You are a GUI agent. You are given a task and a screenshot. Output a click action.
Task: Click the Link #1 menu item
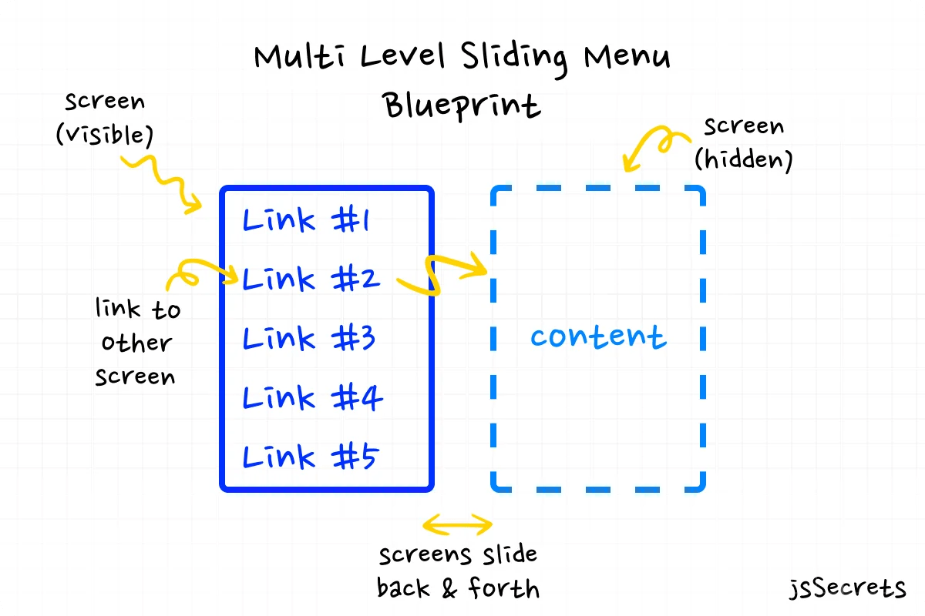[307, 221]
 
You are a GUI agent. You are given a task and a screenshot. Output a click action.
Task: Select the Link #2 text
[311, 279]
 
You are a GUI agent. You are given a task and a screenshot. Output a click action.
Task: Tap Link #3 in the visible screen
[309, 339]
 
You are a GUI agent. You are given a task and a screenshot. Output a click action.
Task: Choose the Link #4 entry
[312, 398]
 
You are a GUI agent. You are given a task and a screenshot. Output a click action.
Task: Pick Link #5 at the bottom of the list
[310, 457]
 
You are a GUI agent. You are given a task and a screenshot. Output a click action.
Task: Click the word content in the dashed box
[597, 337]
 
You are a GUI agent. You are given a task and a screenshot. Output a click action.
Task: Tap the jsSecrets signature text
[847, 589]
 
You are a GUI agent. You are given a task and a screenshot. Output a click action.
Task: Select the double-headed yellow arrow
[458, 525]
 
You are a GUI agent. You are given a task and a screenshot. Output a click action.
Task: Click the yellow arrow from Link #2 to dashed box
[442, 275]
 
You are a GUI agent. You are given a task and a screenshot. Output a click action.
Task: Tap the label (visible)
[104, 135]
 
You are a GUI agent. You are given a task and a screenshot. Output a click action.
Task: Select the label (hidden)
[743, 160]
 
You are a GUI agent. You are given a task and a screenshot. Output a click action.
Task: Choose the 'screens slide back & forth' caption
[458, 571]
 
